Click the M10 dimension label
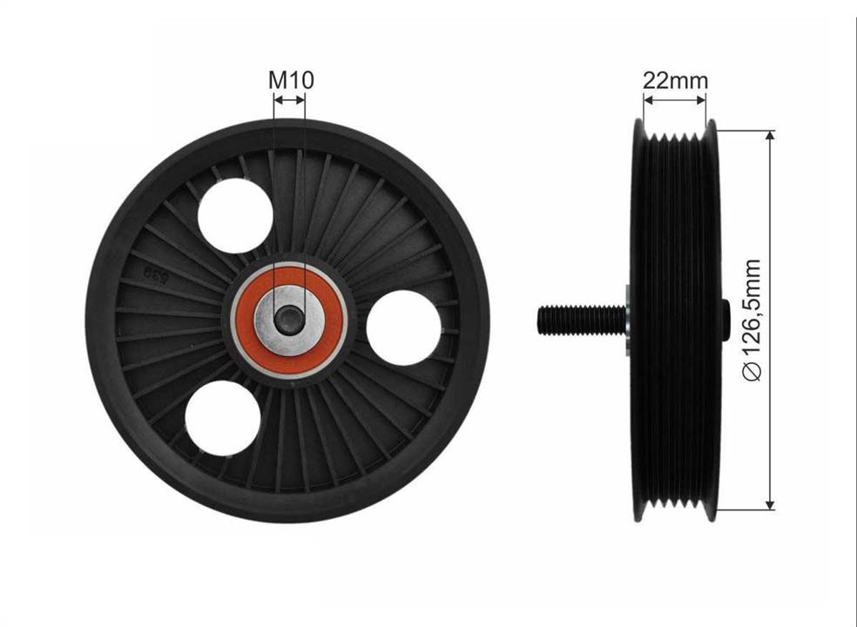click(291, 80)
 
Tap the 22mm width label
click(674, 80)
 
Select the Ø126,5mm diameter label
click(752, 320)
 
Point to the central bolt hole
click(289, 320)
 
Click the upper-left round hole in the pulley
click(235, 216)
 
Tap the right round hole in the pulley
click(403, 328)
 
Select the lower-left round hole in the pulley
click(222, 418)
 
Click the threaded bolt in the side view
click(582, 320)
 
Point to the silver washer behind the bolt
click(629, 320)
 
